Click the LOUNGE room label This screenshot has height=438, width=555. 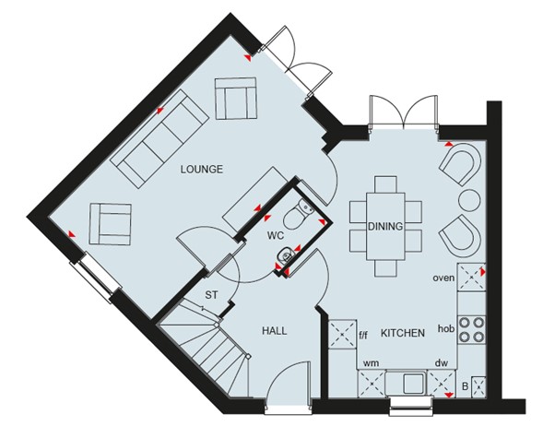click(201, 169)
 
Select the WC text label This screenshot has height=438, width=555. click(277, 234)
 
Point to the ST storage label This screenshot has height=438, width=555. click(211, 295)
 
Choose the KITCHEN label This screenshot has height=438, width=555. click(402, 332)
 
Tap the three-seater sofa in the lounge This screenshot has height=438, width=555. click(159, 141)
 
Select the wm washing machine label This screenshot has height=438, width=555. click(371, 363)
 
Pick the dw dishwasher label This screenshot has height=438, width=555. click(442, 363)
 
